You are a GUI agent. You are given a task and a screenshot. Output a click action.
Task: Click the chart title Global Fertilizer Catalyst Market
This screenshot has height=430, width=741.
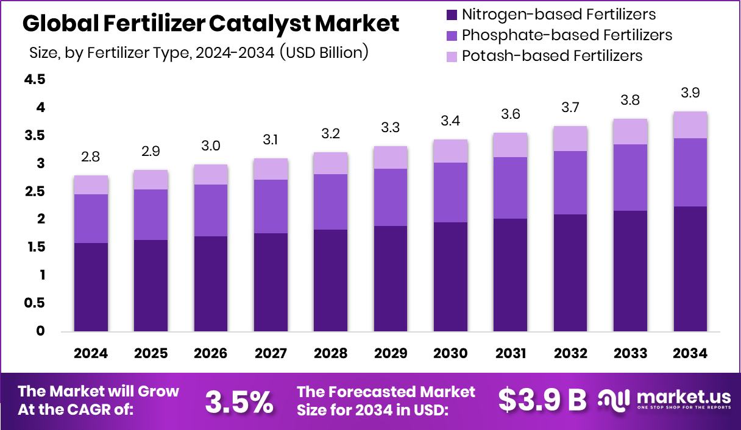click(211, 24)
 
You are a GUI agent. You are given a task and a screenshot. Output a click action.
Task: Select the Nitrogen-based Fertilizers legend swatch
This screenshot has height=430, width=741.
click(452, 14)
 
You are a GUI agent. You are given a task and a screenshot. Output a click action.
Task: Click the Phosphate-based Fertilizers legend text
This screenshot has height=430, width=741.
click(567, 35)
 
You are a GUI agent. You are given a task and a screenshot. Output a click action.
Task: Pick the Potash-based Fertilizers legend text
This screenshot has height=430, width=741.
click(552, 56)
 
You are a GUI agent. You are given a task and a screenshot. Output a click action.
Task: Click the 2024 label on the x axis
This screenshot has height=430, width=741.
click(91, 354)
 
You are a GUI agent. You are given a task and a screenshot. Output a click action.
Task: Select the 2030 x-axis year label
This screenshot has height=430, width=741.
click(450, 354)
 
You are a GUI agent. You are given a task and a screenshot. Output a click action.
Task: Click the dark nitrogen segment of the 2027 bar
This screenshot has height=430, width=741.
click(271, 282)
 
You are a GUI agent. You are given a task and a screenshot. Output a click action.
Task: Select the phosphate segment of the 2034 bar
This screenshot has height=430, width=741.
click(690, 172)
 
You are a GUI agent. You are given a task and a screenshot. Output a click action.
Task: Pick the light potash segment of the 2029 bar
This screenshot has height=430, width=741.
click(391, 157)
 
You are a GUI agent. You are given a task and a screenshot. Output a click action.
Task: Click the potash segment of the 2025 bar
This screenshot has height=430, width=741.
click(151, 180)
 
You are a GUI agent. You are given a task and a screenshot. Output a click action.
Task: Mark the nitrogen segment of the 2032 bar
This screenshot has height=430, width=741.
click(570, 273)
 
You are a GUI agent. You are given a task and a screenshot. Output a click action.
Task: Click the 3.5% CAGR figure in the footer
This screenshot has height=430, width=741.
click(239, 401)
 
